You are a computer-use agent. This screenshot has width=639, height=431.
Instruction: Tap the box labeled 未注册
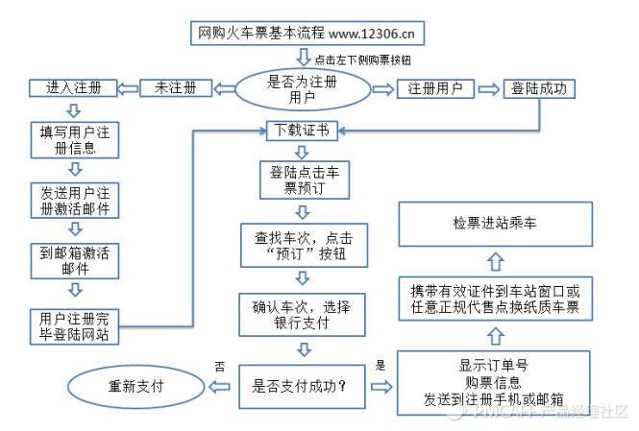pos(175,87)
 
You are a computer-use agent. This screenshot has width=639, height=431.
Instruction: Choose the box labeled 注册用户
pos(435,89)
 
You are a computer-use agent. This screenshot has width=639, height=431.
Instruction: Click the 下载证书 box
pos(301,130)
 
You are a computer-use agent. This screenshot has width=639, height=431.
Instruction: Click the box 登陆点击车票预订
pos(302,180)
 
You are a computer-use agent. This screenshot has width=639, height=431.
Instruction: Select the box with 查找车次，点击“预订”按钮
pos(301,246)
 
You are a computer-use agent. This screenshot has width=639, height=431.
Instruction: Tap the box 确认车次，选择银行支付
pos(301,315)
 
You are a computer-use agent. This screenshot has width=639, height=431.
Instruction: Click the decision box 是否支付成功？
pos(300,388)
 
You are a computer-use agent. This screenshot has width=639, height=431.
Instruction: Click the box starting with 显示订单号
pos(494,382)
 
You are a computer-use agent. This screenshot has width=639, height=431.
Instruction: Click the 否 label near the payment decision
pos(219,366)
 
